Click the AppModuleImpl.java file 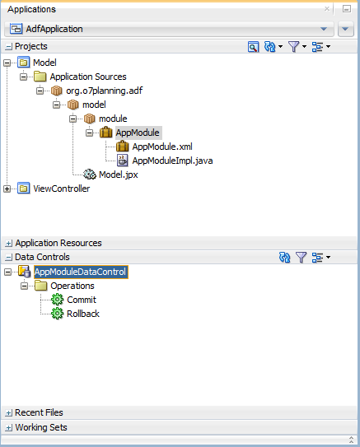[x=172, y=161]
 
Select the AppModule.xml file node [x=162, y=147]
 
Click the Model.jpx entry [x=118, y=175]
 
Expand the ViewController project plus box [x=7, y=189]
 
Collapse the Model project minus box [x=7, y=63]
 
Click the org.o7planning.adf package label [x=104, y=91]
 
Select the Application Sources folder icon [x=40, y=77]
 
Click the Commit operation [x=82, y=300]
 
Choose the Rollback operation [x=82, y=314]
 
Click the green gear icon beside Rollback [x=58, y=314]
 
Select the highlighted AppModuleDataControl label [x=81, y=272]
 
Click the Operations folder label [x=72, y=286]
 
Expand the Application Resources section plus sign [x=9, y=243]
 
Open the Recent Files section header [x=39, y=412]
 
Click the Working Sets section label [x=41, y=427]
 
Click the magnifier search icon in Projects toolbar [x=253, y=47]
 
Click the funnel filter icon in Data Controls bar [x=301, y=258]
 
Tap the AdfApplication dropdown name [x=54, y=29]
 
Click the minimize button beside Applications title [x=347, y=9]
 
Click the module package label [x=113, y=119]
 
